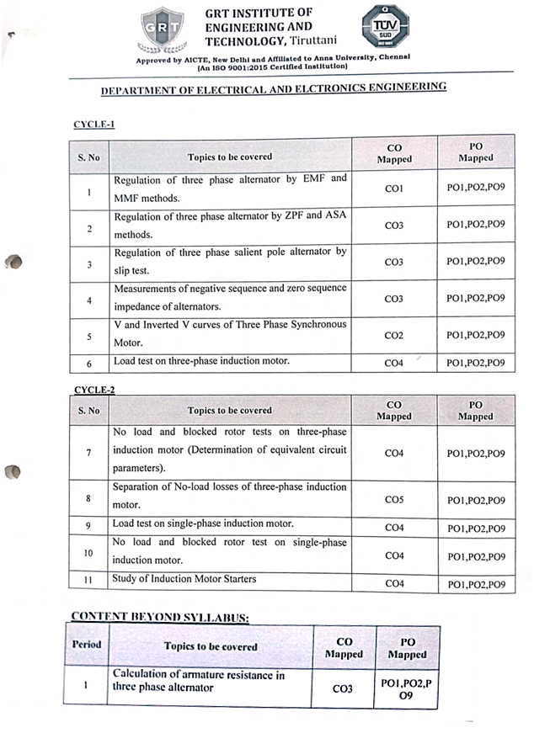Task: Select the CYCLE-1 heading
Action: [x=93, y=124]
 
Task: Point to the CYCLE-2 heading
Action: [x=93, y=390]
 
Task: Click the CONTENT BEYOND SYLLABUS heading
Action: [x=159, y=617]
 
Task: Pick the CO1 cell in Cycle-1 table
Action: [x=393, y=189]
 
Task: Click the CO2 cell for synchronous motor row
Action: [x=393, y=335]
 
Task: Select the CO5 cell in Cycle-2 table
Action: [x=393, y=499]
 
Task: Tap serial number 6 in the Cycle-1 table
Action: [x=88, y=364]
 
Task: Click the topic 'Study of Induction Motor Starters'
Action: [x=184, y=579]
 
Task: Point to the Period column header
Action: [x=87, y=645]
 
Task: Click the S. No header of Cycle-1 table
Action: [x=88, y=157]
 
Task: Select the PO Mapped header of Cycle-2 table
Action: [x=476, y=410]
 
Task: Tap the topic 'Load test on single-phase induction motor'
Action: [x=203, y=523]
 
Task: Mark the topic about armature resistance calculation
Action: [x=199, y=681]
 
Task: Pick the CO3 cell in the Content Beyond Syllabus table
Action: [x=342, y=688]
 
